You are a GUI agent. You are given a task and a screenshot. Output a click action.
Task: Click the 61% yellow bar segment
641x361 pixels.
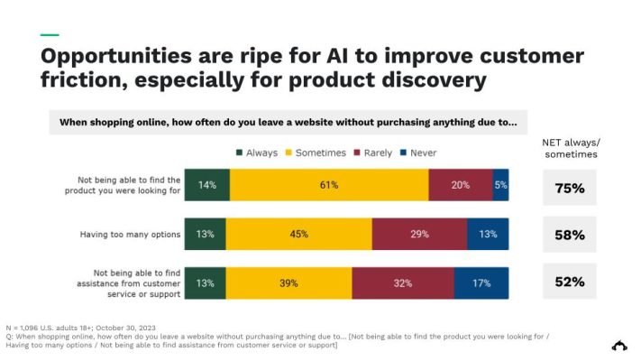(329, 185)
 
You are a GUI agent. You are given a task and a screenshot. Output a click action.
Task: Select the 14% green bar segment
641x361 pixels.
(207, 185)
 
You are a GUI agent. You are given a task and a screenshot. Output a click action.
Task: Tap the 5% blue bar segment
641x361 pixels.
(500, 185)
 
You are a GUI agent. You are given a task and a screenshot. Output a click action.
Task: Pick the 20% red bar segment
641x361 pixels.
(461, 185)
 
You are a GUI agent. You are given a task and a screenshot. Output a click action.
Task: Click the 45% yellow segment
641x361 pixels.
(298, 235)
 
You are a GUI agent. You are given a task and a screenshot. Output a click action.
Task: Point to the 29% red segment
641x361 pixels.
(419, 235)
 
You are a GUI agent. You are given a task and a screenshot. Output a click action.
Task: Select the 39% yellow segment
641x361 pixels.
(288, 282)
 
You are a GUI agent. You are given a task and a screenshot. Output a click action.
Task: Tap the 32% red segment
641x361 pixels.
(402, 282)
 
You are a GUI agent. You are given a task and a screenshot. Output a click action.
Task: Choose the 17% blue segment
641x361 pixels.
(481, 282)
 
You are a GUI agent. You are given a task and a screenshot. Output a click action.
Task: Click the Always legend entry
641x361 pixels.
(257, 153)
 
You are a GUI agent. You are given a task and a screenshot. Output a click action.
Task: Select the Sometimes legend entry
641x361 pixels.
(316, 153)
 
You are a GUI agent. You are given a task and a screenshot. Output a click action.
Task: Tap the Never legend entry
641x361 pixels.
(417, 153)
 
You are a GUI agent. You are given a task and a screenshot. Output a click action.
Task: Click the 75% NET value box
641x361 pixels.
(570, 188)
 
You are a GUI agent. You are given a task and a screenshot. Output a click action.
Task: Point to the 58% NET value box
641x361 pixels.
(570, 235)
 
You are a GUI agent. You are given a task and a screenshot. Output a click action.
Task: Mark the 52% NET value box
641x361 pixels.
(570, 282)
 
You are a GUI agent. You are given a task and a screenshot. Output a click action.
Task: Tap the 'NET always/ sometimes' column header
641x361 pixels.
(570, 148)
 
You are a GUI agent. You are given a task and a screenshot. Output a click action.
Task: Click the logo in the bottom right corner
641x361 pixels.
(619, 345)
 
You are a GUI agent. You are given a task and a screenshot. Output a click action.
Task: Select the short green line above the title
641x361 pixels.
(50, 35)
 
